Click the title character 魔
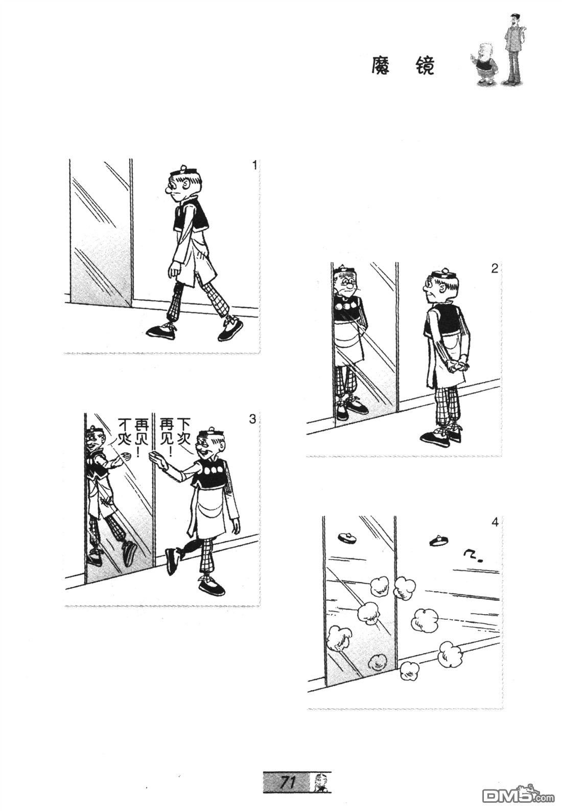tap(381, 66)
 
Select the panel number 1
tap(254, 166)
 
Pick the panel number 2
tap(495, 269)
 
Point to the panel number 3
tap(252, 419)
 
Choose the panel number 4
tap(495, 523)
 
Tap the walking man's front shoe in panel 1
tap(161, 331)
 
